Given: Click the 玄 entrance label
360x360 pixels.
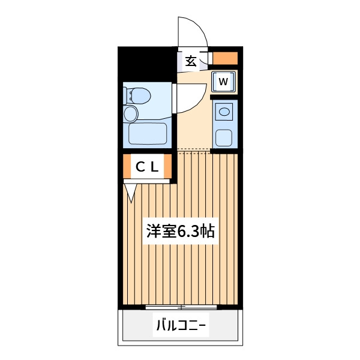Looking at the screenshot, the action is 191,61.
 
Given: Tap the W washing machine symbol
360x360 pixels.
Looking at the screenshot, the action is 224,82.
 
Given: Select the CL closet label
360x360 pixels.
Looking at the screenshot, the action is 148,167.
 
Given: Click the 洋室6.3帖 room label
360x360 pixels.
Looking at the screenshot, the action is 181,231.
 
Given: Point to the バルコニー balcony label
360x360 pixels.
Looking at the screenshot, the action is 181,325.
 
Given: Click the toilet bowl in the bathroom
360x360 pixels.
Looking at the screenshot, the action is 140,96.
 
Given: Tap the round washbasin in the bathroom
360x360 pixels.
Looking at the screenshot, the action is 131,113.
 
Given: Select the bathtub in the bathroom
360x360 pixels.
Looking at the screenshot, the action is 148,134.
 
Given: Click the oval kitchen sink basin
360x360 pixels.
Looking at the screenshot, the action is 224,112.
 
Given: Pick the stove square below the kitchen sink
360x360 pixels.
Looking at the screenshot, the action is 224,138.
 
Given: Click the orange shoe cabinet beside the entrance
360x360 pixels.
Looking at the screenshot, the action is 225,58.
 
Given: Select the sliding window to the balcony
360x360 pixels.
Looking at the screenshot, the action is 181,307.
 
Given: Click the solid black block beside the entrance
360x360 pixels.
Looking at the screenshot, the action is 148,64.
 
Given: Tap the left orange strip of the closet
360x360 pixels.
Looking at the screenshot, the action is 127,166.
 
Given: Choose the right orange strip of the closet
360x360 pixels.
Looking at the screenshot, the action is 168,166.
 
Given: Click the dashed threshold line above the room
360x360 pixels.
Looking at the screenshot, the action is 194,150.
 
